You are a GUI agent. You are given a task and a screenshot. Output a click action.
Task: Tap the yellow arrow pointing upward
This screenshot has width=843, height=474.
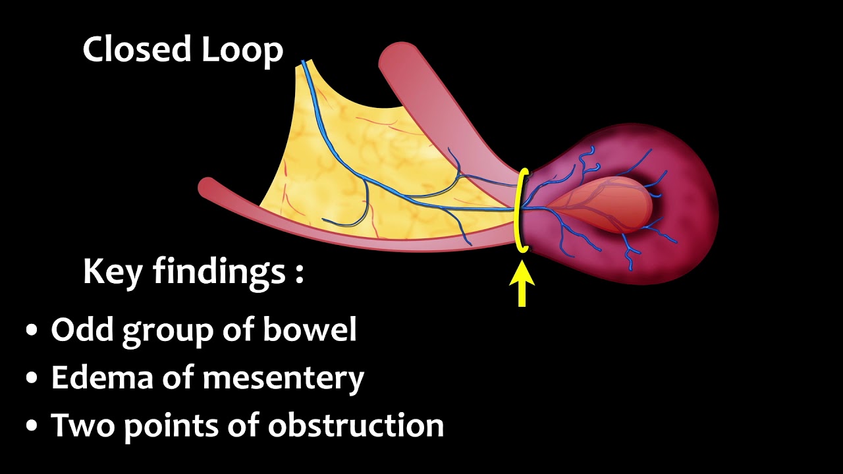click(x=522, y=283)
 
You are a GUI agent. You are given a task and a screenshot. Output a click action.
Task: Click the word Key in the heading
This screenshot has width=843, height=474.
click(x=112, y=272)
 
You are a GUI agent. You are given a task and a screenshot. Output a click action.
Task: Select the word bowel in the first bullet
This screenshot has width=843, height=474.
click(x=310, y=329)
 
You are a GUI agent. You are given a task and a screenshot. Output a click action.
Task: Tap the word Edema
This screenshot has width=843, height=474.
click(x=93, y=377)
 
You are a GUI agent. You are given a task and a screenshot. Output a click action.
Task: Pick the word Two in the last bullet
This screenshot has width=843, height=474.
click(x=82, y=425)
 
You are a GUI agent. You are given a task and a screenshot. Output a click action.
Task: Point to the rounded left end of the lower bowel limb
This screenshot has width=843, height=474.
click(x=208, y=188)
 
